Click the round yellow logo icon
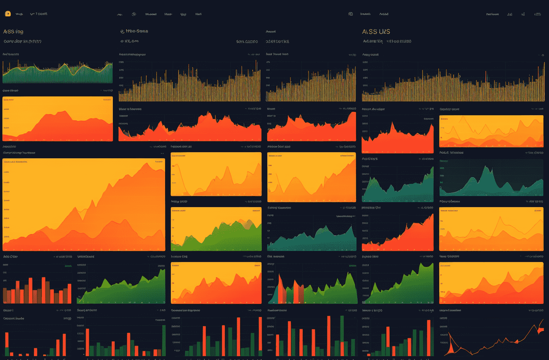8,14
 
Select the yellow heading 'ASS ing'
13,32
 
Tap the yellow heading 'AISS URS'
376,32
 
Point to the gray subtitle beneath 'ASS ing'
22,42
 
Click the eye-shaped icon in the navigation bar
134,14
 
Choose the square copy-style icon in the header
350,14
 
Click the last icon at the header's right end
538,14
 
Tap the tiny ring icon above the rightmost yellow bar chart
543,55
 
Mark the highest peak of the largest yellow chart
146,164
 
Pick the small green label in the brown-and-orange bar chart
68,266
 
